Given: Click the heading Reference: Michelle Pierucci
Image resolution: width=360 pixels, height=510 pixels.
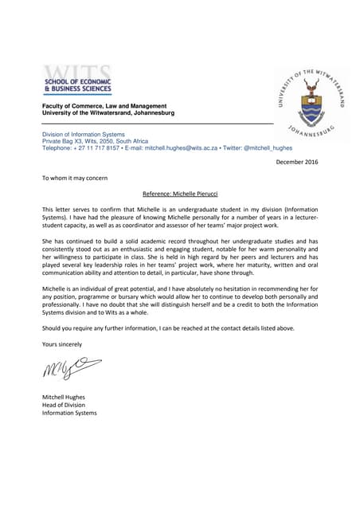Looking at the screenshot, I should (x=179, y=194).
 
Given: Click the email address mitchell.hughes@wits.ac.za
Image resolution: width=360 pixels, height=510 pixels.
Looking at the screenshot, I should (x=179, y=148).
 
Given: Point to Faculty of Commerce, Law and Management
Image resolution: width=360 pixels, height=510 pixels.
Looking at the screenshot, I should (x=104, y=107).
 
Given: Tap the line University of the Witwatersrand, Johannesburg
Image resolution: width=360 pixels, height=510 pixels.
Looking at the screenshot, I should (x=109, y=113).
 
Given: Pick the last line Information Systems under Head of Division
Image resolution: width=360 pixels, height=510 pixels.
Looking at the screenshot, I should (x=69, y=413).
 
